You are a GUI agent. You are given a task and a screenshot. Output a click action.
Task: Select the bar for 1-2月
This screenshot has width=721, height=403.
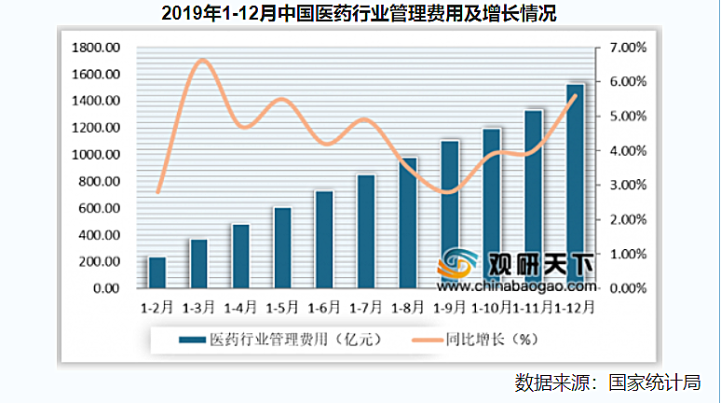[156, 272]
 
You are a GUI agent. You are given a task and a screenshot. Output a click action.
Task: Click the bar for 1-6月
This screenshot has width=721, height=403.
[324, 240]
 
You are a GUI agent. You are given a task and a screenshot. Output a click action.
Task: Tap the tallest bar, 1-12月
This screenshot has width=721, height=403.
[576, 187]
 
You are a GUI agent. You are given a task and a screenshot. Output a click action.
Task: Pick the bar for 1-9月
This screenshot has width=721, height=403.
[450, 215]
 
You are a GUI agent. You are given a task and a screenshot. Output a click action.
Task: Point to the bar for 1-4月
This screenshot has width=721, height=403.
[240, 256]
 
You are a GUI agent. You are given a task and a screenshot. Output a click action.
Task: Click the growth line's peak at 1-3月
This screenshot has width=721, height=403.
[201, 61]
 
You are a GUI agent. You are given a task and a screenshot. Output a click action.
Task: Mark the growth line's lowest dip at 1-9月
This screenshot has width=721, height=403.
[450, 192]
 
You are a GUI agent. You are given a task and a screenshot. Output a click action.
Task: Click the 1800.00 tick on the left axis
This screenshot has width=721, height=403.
[97, 47]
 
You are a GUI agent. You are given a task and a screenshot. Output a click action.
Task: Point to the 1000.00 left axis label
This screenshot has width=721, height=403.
[97, 154]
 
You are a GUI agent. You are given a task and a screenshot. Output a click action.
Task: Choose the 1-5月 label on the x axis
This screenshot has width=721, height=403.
[282, 306]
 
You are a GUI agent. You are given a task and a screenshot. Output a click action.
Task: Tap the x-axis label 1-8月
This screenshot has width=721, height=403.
[408, 306]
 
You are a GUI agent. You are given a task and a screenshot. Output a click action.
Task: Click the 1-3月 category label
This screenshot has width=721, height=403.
[198, 306]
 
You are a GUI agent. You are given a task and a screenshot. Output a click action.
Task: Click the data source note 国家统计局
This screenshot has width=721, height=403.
[652, 382]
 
